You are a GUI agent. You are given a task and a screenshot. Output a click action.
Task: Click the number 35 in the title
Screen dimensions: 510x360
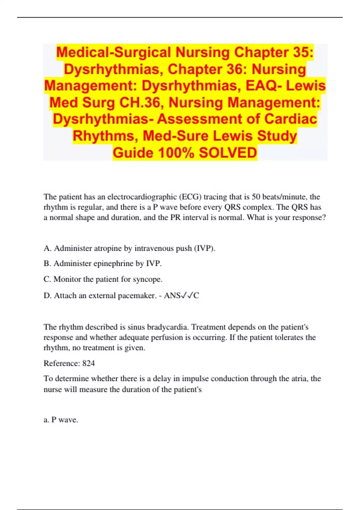pyautogui.click(x=301, y=52)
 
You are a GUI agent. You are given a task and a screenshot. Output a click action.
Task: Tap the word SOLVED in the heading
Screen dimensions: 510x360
pyautogui.click(x=228, y=153)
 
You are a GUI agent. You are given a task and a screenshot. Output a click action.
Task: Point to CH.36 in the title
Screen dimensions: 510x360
pyautogui.click(x=141, y=103)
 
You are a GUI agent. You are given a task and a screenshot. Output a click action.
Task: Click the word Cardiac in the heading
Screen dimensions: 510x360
pyautogui.click(x=290, y=119)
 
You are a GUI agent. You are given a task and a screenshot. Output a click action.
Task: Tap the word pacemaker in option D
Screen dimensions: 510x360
pyautogui.click(x=137, y=295)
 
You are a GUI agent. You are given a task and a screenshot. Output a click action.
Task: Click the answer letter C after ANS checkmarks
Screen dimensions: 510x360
pyautogui.click(x=196, y=295)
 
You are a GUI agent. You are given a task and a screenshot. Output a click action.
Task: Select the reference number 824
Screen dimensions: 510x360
pyautogui.click(x=88, y=363)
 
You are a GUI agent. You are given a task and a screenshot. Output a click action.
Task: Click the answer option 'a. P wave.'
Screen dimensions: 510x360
pyautogui.click(x=61, y=420)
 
